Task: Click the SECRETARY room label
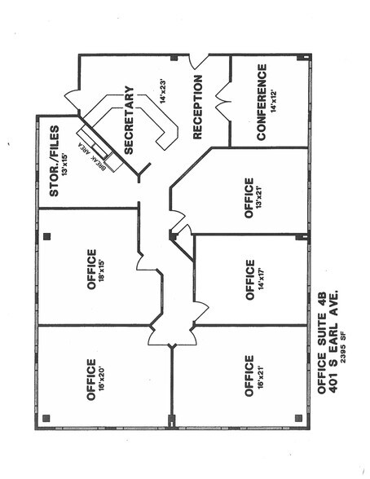(129, 121)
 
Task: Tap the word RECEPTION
(197, 108)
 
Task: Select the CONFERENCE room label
(262, 102)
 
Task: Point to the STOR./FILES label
(54, 160)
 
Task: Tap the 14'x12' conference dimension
(273, 101)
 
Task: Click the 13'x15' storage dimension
(65, 164)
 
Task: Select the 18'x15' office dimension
(102, 270)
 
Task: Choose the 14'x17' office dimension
(260, 279)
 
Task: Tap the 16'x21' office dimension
(260, 376)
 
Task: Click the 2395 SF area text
(344, 349)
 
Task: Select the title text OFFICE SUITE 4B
(322, 342)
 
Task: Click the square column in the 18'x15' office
(46, 236)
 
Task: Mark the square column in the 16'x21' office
(298, 418)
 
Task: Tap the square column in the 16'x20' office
(46, 418)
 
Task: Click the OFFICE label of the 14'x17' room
(249, 280)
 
